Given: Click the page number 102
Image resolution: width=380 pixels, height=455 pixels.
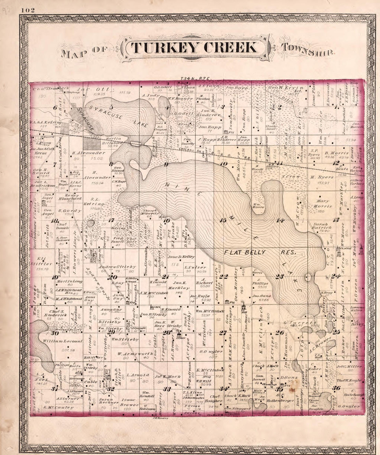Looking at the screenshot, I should (27, 10).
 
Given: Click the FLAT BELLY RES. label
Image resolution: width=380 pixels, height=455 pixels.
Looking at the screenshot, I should (260, 252).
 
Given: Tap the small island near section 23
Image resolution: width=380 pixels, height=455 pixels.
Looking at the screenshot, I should (308, 277).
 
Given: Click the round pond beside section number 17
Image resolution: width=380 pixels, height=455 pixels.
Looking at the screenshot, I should (91, 223).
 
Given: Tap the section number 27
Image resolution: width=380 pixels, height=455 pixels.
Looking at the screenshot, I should (224, 333).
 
